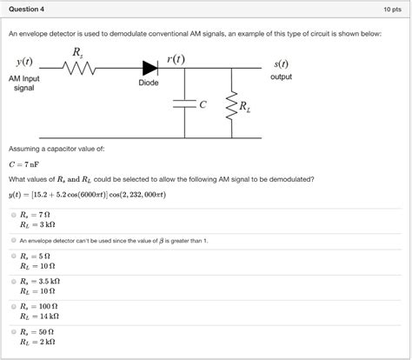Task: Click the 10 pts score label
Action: tap(390, 10)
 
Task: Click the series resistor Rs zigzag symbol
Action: tap(80, 65)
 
